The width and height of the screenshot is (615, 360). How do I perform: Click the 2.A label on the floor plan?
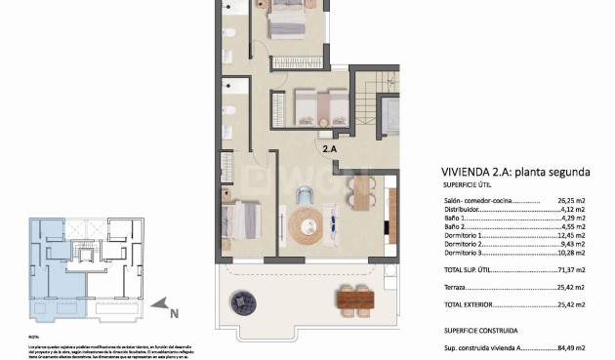[x=331, y=148]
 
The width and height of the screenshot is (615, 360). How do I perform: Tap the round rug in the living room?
[x=304, y=224]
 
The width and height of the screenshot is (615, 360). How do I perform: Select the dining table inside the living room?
[x=361, y=192]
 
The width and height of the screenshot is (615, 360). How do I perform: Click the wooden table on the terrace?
[x=354, y=297]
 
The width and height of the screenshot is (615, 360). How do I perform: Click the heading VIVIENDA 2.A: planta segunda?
[x=514, y=172]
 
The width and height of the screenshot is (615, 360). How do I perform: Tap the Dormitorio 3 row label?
[x=467, y=252]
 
